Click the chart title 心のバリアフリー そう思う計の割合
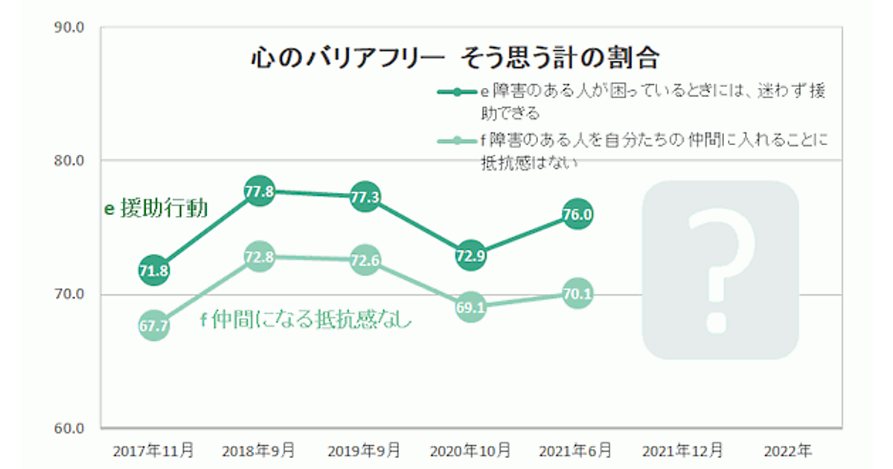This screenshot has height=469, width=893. [455, 57]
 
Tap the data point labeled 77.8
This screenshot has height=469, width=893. [259, 191]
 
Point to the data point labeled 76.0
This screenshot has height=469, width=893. [577, 215]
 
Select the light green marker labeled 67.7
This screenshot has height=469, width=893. [153, 325]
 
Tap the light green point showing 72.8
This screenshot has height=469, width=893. [259, 258]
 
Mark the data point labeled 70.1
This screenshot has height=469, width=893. [577, 294]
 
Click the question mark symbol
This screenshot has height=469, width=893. [720, 269]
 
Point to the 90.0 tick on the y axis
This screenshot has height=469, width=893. [70, 28]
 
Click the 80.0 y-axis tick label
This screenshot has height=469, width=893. [70, 161]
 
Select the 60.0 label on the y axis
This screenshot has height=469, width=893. [70, 429]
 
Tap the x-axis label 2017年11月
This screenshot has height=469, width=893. [153, 451]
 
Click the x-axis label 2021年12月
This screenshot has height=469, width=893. [682, 451]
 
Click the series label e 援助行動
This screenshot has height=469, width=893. [156, 208]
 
